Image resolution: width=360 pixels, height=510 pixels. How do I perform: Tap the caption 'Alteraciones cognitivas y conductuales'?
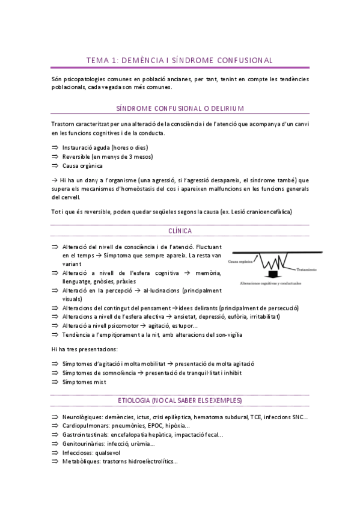[x=270, y=283]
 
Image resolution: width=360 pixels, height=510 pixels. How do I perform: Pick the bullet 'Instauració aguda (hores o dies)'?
[x=105, y=147]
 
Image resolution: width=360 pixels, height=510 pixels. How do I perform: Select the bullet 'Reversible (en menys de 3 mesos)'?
[x=108, y=156]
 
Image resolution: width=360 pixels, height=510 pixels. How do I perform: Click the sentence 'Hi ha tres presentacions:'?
[x=84, y=349]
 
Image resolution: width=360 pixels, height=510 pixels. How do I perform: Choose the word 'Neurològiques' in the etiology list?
[x=82, y=417]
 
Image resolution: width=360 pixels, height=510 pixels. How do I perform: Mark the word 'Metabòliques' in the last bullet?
[x=81, y=461]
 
